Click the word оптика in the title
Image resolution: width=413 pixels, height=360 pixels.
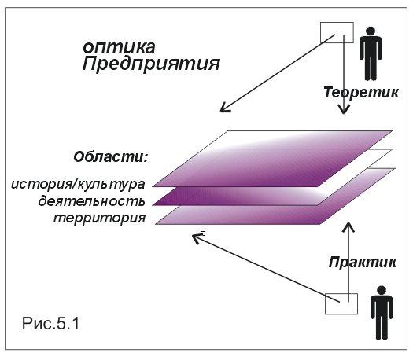119,48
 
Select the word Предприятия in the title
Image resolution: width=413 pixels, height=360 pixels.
151,64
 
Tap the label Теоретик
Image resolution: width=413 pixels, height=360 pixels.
361,93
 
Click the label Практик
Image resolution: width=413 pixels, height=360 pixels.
363,262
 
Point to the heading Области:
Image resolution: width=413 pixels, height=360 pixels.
111,157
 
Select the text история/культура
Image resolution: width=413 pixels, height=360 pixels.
78,184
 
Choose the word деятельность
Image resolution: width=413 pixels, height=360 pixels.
92,201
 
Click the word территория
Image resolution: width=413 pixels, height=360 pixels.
100,219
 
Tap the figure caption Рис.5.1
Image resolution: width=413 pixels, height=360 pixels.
50,323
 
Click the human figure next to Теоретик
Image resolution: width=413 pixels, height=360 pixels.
371,53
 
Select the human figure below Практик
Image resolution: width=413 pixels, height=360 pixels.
382,313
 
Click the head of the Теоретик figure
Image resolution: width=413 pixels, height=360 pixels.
371,31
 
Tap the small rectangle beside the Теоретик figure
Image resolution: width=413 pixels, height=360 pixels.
337,33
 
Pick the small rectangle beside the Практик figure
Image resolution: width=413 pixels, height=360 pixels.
341,304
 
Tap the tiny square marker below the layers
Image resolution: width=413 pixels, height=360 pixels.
203,233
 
